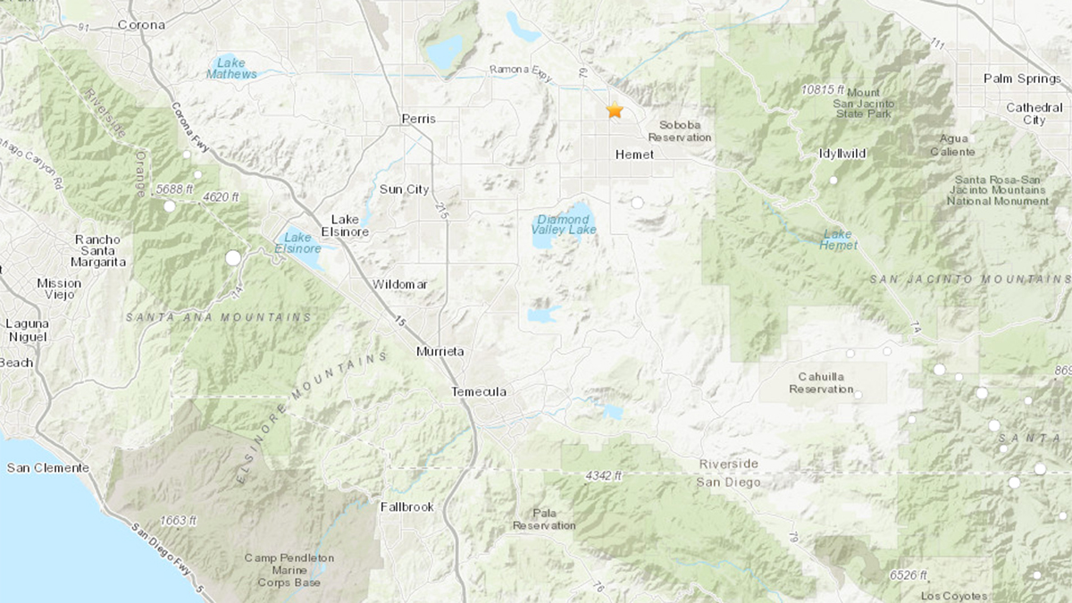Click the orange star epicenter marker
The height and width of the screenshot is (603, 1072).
click(615, 111)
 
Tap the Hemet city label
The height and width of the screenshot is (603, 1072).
click(634, 155)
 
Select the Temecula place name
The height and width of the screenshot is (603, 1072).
click(479, 392)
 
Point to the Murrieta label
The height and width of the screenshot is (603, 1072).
click(440, 352)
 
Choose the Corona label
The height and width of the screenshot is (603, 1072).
click(141, 25)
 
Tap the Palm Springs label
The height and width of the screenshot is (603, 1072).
click(1022, 79)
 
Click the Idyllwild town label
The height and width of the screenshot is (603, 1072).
click(842, 154)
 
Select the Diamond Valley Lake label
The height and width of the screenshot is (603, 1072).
click(563, 223)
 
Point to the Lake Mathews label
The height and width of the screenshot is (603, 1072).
click(231, 68)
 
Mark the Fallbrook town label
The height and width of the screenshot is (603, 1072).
click(406, 507)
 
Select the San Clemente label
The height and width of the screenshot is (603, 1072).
click(48, 467)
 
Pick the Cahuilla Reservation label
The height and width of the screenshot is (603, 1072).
click(821, 383)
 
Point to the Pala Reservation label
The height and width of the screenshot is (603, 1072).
click(544, 519)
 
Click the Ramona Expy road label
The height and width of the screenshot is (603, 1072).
click(522, 71)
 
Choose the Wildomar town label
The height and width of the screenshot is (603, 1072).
click(399, 284)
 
